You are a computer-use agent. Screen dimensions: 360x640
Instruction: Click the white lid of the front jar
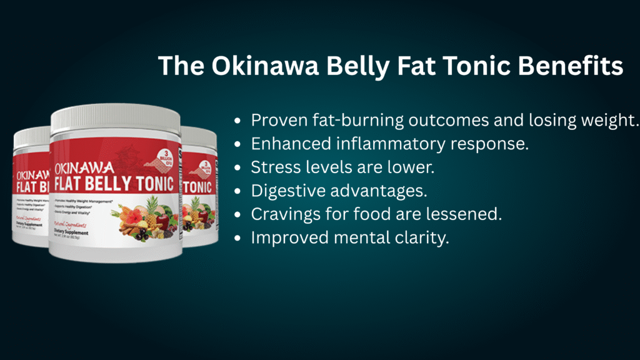click(x=115, y=116)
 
